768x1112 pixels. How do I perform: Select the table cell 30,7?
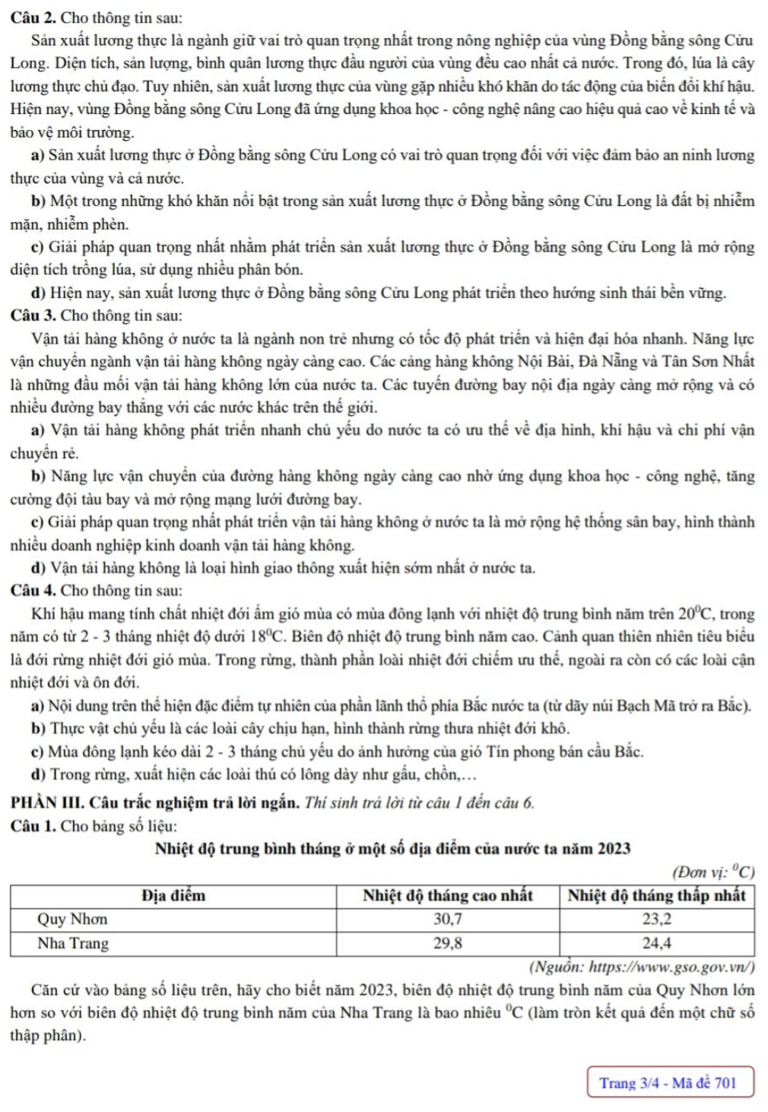pyautogui.click(x=447, y=919)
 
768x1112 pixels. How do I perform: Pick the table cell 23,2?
pyautogui.click(x=657, y=919)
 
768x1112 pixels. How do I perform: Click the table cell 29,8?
pyautogui.click(x=447, y=943)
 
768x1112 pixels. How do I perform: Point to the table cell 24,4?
pyautogui.click(x=657, y=943)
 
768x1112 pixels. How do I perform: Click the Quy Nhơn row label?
pyautogui.click(x=73, y=919)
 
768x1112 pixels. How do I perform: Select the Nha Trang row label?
pyautogui.click(x=74, y=943)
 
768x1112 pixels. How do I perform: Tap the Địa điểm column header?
pyautogui.click(x=173, y=895)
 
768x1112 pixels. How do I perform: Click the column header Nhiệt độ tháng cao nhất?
pyautogui.click(x=447, y=895)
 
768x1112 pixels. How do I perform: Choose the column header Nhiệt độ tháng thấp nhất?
pyautogui.click(x=657, y=895)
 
